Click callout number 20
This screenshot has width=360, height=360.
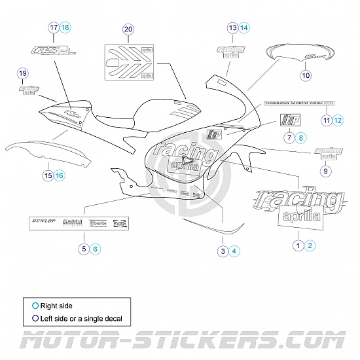click(x=128, y=29)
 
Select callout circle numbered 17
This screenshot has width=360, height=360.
click(x=54, y=27)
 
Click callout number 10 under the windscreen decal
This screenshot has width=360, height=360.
click(x=306, y=75)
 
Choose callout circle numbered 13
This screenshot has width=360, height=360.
click(x=232, y=27)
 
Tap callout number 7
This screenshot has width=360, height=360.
click(x=289, y=137)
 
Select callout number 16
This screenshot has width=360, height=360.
click(x=60, y=175)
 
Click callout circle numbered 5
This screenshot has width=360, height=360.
click(x=84, y=248)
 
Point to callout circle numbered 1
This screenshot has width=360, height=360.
click(x=298, y=245)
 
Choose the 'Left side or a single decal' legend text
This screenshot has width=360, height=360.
click(x=81, y=319)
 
